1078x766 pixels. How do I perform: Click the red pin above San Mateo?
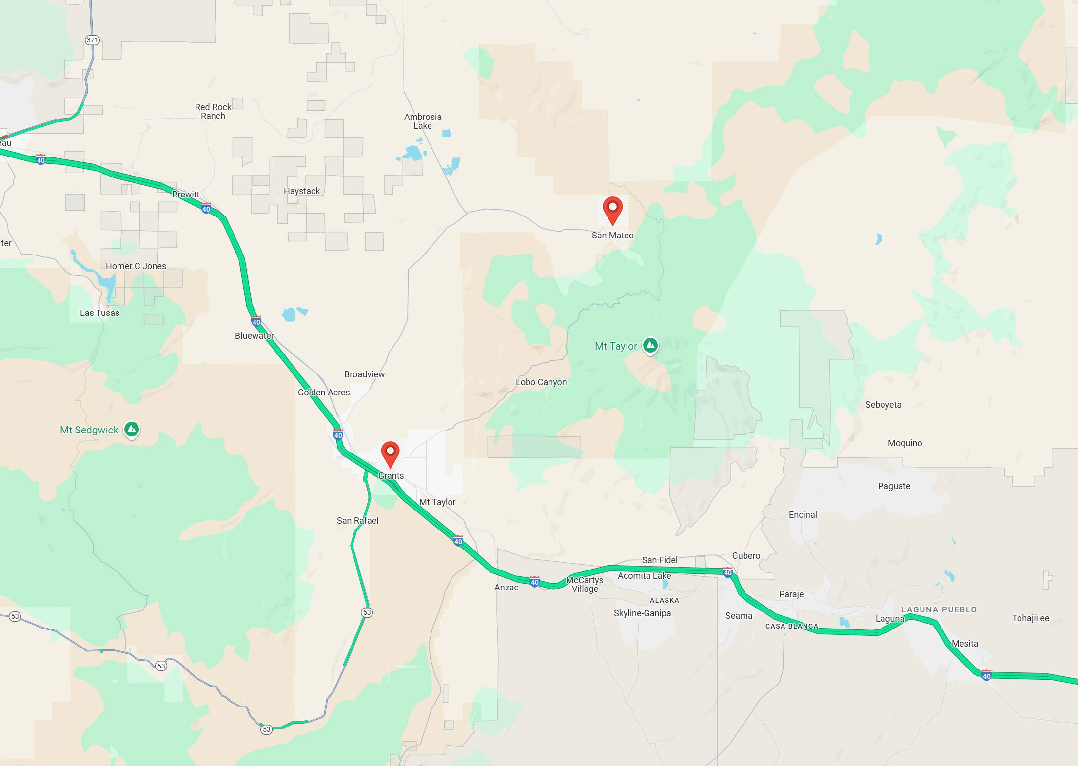coord(612,210)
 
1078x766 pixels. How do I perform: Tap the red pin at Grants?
coord(390,453)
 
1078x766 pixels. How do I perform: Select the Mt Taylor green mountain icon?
coord(650,346)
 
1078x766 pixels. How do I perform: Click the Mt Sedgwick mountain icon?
coord(131,430)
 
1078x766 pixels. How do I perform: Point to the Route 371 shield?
coord(92,40)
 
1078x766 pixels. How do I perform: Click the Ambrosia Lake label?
coord(423,121)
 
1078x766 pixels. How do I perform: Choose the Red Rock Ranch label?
coord(213,112)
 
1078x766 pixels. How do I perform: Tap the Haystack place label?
coord(302,191)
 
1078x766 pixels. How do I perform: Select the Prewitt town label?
coord(186,195)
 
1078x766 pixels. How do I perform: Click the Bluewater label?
coord(254,336)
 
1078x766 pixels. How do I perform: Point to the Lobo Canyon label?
coord(541,382)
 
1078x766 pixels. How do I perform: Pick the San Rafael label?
coord(357,521)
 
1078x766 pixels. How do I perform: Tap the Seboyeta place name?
coord(883,405)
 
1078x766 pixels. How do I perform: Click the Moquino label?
coord(904,443)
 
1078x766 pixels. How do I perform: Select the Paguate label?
coord(894,486)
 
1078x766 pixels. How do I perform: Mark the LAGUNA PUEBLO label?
coord(939,609)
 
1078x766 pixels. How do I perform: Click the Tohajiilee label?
coord(1030,618)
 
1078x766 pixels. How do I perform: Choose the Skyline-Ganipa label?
coord(642,613)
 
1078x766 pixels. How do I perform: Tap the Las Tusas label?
coord(99,313)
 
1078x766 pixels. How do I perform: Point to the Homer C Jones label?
coord(136,266)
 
